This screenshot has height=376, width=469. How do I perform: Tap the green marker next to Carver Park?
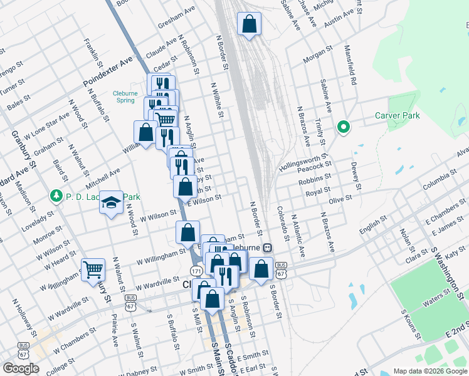click(343, 128)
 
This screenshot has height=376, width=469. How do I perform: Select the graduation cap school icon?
click(112, 203)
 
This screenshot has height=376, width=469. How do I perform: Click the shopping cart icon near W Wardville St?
click(93, 269)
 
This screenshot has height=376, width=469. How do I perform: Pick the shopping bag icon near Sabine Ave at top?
click(249, 24)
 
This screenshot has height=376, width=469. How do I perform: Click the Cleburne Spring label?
click(124, 97)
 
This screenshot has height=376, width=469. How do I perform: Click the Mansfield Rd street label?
click(353, 63)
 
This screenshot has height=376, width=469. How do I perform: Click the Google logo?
click(21, 368)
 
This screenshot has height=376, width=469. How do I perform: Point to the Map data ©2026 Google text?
click(430, 371)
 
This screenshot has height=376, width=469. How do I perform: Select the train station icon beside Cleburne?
click(267, 248)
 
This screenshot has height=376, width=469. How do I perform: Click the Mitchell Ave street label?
click(103, 178)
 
